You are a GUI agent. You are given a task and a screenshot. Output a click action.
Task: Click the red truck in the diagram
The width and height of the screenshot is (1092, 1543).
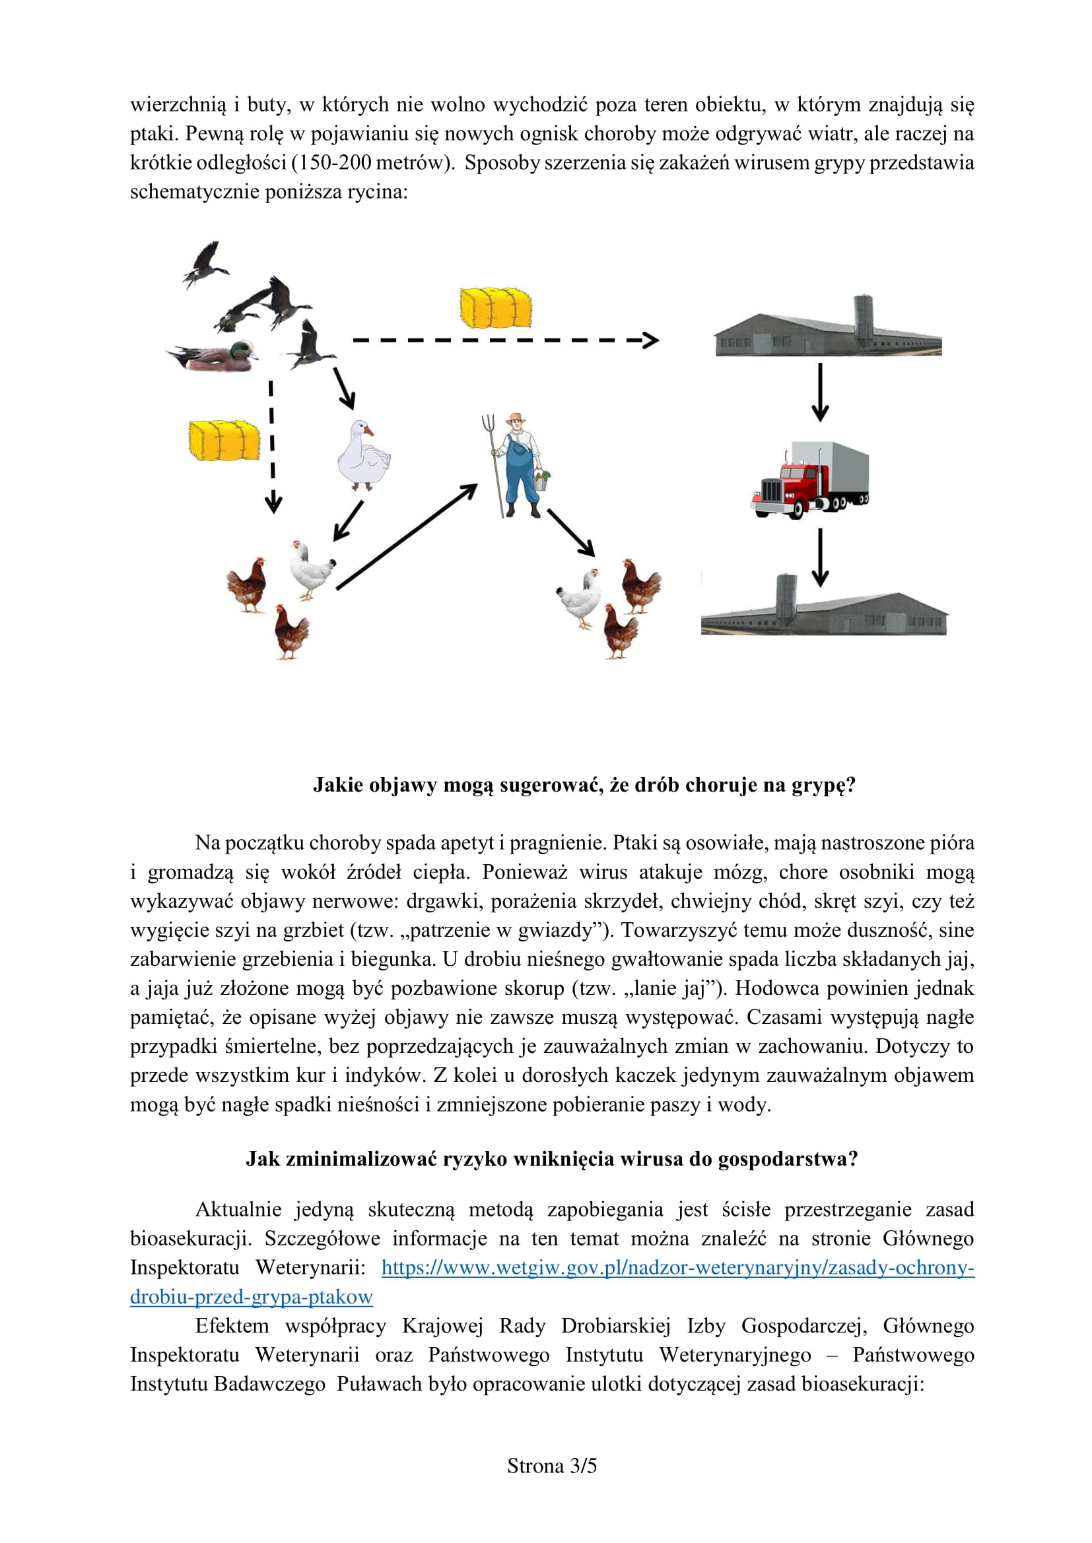pos(809,480)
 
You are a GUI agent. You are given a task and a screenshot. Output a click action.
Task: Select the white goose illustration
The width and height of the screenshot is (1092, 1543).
pos(363,456)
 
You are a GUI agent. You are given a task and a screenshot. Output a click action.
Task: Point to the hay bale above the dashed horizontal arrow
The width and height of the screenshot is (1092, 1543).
pos(496,308)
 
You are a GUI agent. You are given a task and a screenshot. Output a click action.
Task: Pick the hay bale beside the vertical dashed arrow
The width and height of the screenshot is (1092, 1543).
pos(224,441)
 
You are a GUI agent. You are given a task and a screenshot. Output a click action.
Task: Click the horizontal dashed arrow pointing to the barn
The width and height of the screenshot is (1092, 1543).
pos(504,340)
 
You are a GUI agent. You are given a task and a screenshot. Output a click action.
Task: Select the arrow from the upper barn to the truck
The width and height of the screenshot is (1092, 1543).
pos(820,393)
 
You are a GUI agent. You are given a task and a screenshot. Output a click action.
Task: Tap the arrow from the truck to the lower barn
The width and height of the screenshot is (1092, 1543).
pos(820,557)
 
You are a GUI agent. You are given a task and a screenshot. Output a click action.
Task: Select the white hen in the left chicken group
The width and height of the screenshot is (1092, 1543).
pos(311,570)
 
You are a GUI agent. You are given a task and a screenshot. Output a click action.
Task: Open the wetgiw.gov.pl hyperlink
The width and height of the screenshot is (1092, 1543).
pos(678,1267)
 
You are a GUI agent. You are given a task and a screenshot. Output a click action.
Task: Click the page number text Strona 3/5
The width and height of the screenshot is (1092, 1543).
pos(551,1466)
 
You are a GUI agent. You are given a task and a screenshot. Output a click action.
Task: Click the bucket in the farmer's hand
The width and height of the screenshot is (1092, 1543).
pos(542,481)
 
